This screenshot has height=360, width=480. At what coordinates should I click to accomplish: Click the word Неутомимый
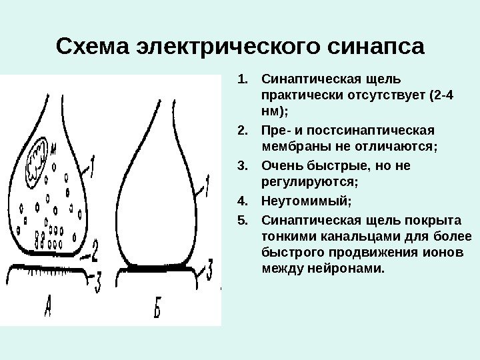tap(305, 199)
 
